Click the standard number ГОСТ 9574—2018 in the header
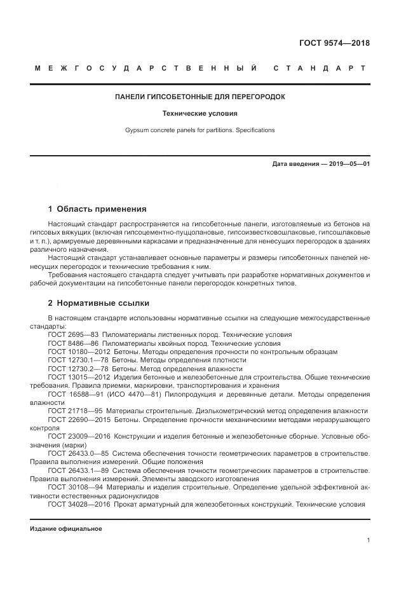coord(334,43)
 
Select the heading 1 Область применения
coord(97,209)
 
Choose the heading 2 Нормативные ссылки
coord(99,303)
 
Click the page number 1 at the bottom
coord(369,540)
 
